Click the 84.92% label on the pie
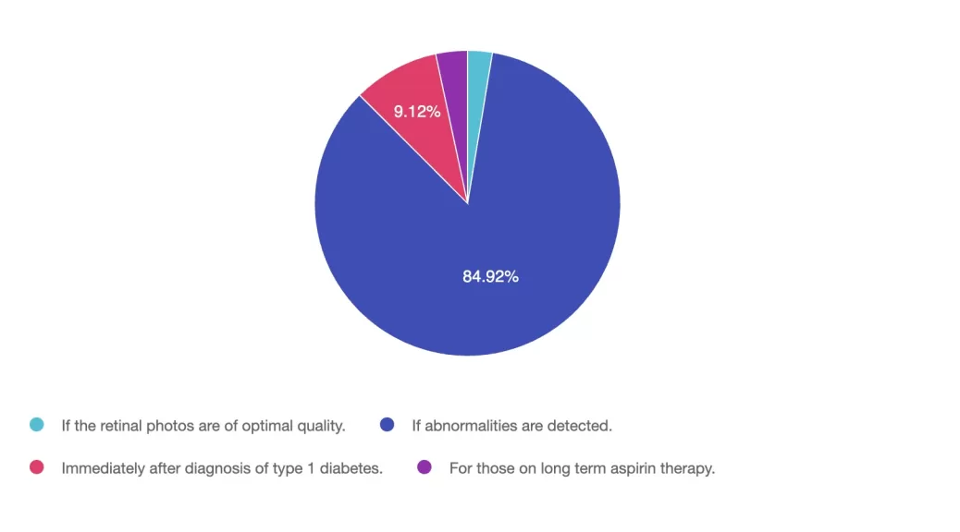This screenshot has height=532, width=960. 490,276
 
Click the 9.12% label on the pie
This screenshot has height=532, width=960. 417,112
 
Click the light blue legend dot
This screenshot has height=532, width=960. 37,425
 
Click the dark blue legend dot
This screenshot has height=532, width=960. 388,425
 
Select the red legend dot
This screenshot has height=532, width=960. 37,467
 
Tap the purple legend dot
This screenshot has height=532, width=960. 425,467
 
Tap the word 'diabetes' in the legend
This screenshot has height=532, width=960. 352,468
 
